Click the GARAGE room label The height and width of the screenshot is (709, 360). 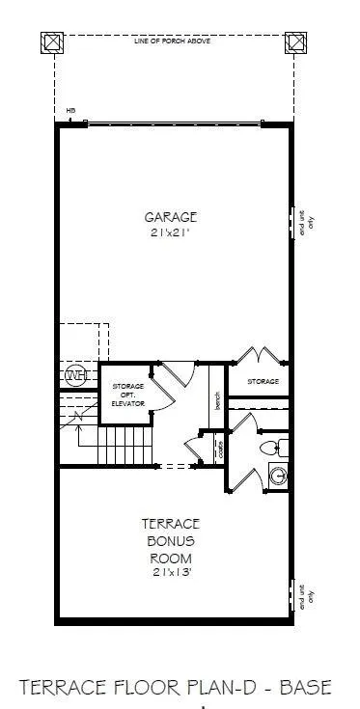[172, 217]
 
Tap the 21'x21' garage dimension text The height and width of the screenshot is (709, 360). [172, 232]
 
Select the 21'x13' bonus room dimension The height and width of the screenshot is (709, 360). [172, 573]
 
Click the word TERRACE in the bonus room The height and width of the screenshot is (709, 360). [172, 523]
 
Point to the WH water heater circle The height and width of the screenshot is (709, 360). [74, 375]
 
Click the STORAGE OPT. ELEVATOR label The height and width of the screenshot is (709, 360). [126, 395]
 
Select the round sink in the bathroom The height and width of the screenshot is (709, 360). [278, 475]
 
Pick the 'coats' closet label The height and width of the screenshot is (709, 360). [221, 449]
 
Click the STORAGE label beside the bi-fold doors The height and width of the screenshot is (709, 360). [263, 382]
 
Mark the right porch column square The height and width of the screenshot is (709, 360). [293, 42]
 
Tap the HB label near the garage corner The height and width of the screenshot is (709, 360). [70, 111]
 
